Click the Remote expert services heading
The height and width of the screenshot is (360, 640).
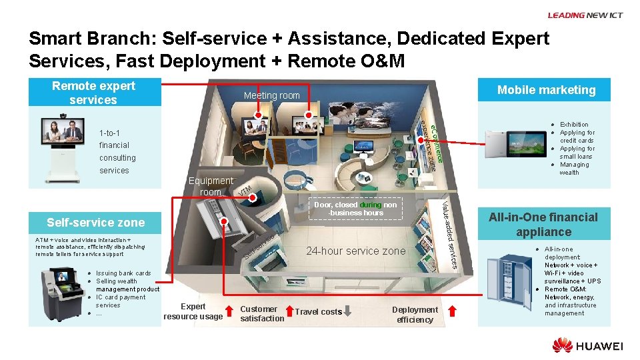93,93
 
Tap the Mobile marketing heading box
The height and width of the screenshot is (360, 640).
546,90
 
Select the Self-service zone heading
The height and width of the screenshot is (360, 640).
95,222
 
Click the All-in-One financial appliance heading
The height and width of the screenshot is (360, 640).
543,225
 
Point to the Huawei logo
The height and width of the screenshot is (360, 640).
587,345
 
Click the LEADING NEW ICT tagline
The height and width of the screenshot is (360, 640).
585,15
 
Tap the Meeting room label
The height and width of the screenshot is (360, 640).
271,95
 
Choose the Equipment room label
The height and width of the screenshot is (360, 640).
211,186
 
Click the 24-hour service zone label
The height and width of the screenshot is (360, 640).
355,251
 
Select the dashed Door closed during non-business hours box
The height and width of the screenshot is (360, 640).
356,209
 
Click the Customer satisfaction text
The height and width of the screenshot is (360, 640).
261,314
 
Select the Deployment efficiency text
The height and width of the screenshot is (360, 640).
415,315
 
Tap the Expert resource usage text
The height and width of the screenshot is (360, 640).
193,311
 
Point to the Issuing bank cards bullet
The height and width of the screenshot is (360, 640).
123,273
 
